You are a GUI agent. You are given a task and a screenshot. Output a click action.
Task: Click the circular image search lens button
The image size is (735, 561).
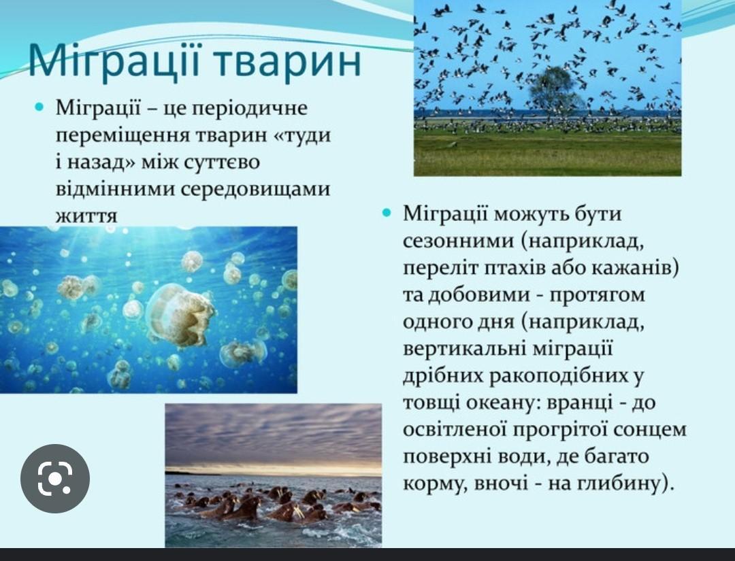(x=55, y=478)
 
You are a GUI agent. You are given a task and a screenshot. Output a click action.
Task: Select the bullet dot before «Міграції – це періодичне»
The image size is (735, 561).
(x=39, y=107)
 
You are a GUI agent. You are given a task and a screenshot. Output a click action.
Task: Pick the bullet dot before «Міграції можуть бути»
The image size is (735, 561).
(x=387, y=214)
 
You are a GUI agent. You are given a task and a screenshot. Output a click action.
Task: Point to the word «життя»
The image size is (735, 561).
(x=86, y=216)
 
